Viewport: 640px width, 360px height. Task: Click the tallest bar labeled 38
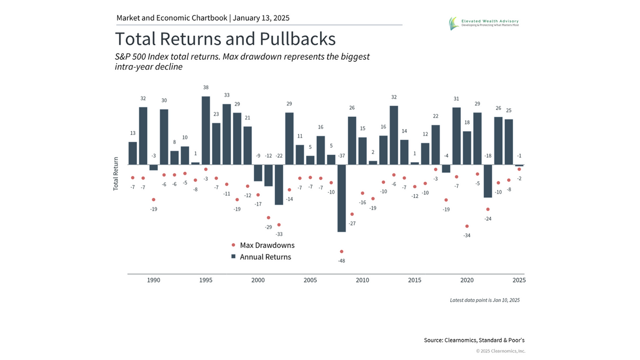tap(206, 130)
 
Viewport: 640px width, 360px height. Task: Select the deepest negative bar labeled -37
tap(341, 198)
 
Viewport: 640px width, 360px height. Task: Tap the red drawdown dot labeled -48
tap(341, 251)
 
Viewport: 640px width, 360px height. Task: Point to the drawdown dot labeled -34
tap(467, 226)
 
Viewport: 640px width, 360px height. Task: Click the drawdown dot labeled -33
tap(279, 225)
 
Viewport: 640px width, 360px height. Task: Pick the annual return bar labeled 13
tap(133, 153)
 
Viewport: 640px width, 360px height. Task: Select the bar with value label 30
tap(164, 137)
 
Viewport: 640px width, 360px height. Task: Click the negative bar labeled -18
tap(488, 181)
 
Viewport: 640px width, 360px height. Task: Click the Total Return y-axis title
tap(116, 174)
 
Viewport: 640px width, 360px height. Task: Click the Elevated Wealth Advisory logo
tap(483, 23)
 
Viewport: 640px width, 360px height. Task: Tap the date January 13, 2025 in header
tap(261, 18)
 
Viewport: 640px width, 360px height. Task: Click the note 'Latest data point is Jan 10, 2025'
tap(484, 300)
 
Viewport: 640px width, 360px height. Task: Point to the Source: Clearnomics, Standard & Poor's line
tap(478, 340)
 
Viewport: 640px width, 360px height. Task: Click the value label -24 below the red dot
tap(488, 219)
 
